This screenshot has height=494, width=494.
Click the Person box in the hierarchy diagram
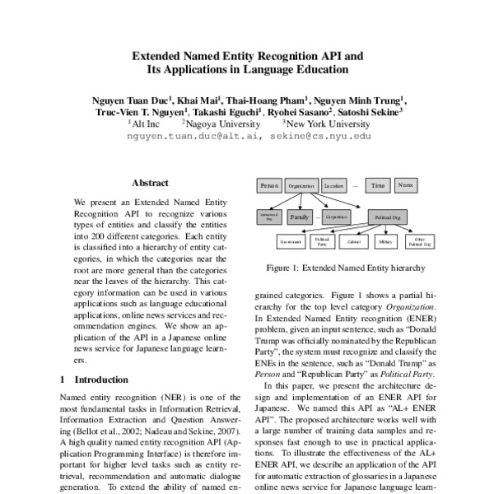(269, 187)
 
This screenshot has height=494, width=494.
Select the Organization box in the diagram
(301, 187)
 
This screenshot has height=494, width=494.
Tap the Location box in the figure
(333, 187)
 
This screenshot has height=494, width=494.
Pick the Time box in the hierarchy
(377, 187)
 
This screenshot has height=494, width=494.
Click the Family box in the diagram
(300, 217)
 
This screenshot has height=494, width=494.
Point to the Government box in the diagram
(291, 243)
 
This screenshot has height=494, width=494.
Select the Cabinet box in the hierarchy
(353, 243)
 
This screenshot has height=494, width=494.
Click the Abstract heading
(150, 183)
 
